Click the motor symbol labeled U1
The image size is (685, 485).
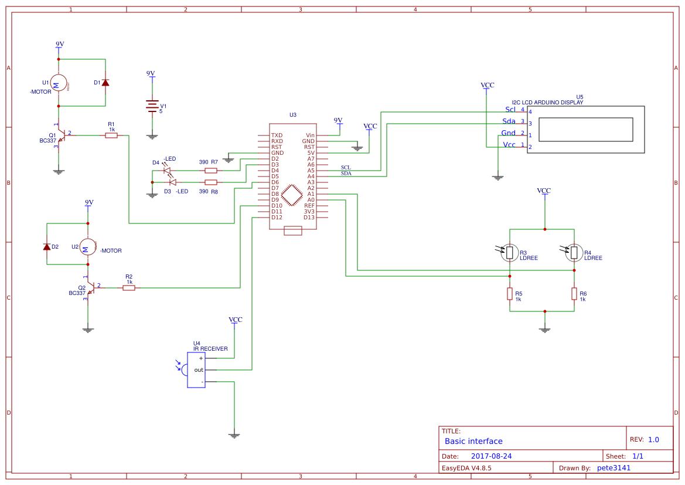58,83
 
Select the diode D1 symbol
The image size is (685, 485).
105,83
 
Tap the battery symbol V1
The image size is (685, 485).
152,106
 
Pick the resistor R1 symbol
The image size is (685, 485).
111,135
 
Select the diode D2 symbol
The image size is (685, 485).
47,247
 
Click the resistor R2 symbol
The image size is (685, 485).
129,288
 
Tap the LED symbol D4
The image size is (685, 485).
167,171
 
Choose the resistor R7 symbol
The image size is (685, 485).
211,171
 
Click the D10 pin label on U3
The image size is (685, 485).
277,206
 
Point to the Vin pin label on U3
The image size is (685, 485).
310,135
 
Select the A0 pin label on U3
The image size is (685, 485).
311,200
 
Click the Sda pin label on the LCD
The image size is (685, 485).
509,121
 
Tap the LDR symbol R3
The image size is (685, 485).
510,253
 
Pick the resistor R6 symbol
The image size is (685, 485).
574,294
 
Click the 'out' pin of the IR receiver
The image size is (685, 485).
199,370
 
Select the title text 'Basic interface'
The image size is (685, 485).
473,441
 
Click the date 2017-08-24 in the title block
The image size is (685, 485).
491,456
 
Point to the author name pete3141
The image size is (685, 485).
614,468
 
